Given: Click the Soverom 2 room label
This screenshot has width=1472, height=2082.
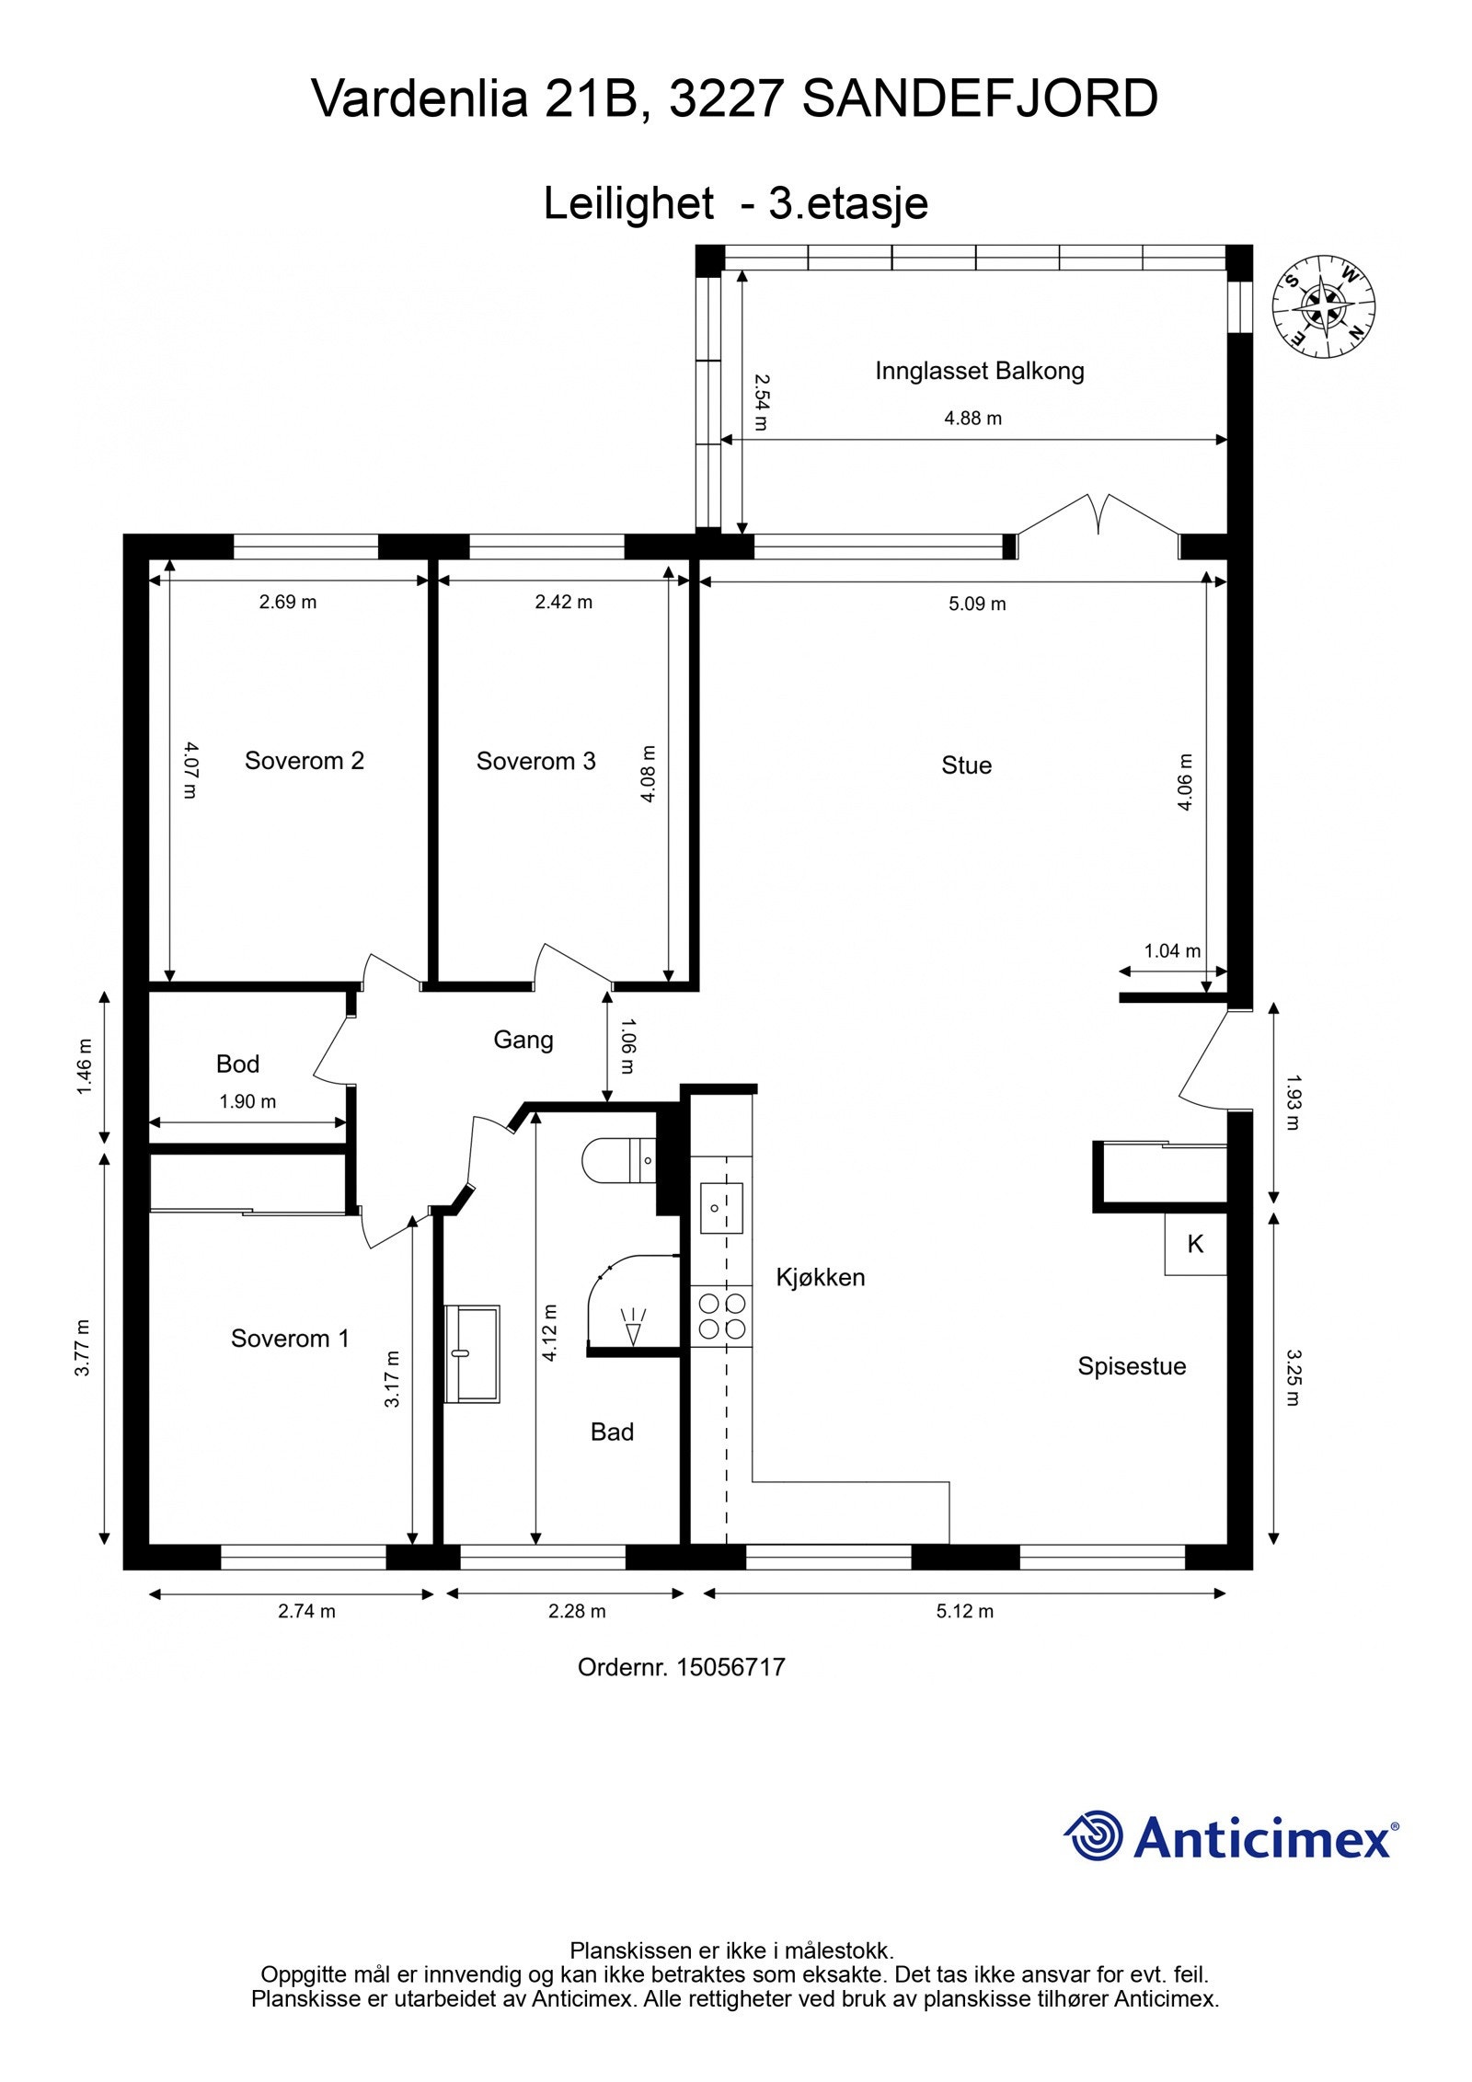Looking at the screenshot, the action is tap(305, 761).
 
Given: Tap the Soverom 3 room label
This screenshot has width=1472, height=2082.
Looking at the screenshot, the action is tap(535, 761).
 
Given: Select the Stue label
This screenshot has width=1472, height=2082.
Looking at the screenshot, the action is tap(966, 765).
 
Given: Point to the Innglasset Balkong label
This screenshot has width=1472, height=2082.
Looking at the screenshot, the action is tap(980, 372).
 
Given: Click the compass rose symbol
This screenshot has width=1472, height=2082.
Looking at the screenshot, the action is tap(1324, 306).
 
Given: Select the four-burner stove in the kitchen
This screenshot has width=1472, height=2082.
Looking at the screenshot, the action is tap(722, 1317).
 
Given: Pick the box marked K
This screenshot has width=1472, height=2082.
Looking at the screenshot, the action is tap(1195, 1244).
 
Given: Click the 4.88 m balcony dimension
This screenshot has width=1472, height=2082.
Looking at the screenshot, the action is tap(973, 419).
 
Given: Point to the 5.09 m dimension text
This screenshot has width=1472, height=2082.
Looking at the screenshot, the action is tap(977, 604).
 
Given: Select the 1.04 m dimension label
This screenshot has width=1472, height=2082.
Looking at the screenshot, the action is tap(1172, 951).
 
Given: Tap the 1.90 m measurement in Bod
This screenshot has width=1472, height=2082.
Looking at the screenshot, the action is tap(247, 1101).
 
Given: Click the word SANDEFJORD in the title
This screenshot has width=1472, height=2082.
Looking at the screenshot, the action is tap(980, 99).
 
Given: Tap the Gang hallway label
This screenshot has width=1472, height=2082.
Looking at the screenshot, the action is tap(523, 1041).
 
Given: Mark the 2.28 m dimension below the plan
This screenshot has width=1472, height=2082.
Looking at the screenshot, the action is tap(577, 1611).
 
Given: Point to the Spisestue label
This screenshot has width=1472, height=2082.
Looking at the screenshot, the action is tap(1132, 1367).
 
